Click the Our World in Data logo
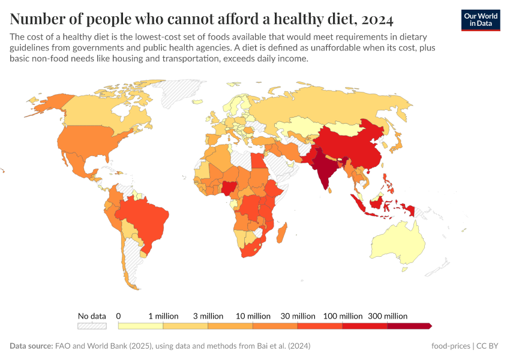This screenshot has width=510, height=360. (x=480, y=19)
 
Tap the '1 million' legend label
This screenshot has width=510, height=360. (x=163, y=316)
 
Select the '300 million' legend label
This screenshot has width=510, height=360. (x=388, y=316)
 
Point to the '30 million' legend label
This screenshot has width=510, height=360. (x=298, y=316)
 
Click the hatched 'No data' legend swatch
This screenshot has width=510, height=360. (x=92, y=326)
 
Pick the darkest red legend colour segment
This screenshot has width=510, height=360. (x=409, y=326)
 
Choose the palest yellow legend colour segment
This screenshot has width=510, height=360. (x=140, y=326)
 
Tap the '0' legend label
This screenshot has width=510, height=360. (x=119, y=316)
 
